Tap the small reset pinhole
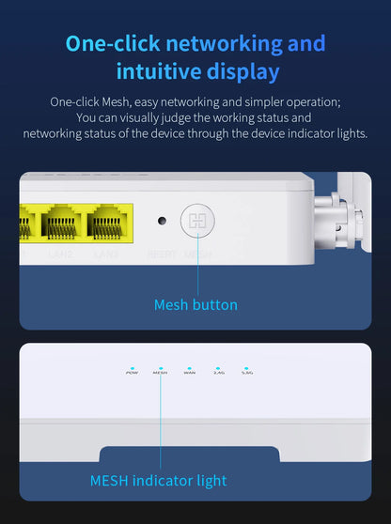162,222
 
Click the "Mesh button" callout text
195,304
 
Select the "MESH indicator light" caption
158,481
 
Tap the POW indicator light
132,368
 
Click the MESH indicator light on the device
160,368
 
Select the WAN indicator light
189,368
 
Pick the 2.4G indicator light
218,368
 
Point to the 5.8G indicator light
246,368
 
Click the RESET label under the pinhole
162,254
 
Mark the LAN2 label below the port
60,254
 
